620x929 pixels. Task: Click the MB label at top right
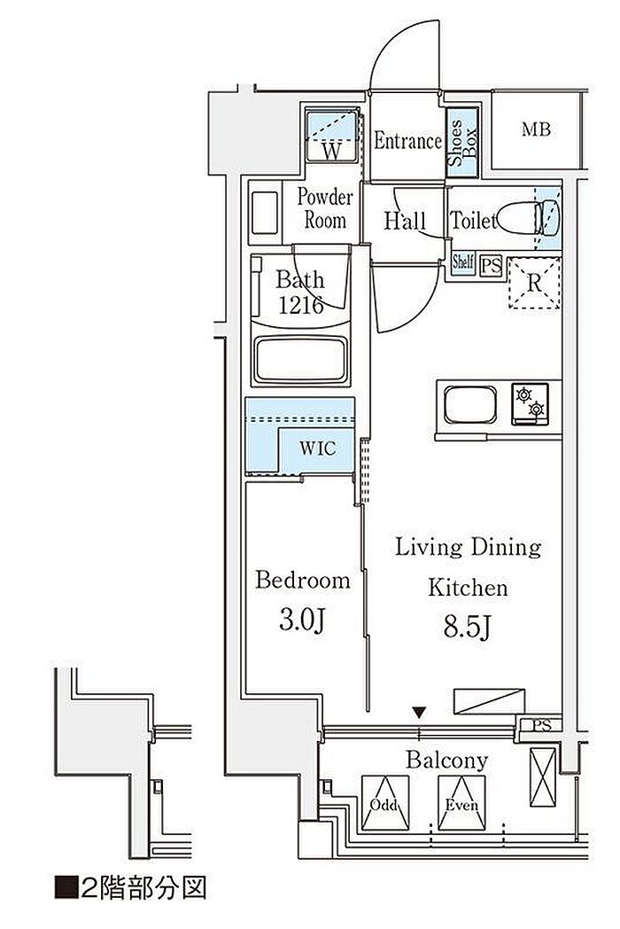click(x=536, y=129)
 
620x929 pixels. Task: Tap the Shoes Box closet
click(x=461, y=142)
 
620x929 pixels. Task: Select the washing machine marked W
click(x=332, y=135)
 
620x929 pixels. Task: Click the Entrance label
click(x=407, y=141)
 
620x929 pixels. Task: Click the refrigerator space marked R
click(x=534, y=283)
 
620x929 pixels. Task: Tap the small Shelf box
click(x=462, y=262)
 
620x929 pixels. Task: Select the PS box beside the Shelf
click(x=491, y=265)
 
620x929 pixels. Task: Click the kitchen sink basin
click(x=470, y=404)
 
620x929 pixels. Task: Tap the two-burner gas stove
click(x=531, y=403)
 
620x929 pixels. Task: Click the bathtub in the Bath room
click(x=301, y=361)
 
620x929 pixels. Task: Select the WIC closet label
click(x=317, y=448)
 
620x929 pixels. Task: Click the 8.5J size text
click(x=468, y=628)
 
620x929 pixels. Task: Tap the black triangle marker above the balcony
click(x=419, y=712)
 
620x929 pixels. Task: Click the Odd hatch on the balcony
click(x=385, y=803)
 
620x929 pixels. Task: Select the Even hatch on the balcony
click(x=461, y=803)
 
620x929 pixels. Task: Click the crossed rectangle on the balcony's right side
click(x=542, y=777)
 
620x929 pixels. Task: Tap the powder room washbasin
click(x=265, y=213)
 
